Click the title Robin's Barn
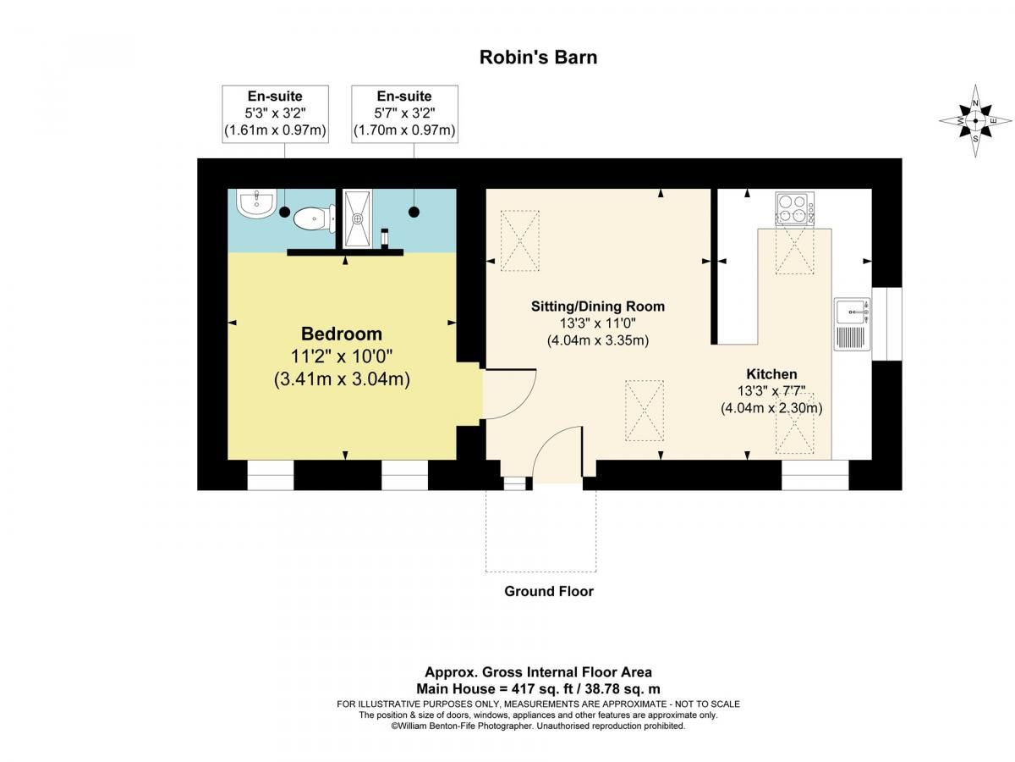(x=538, y=58)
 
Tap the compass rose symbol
(x=975, y=121)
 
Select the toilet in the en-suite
(x=315, y=218)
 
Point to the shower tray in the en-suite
(x=358, y=218)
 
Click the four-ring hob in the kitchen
(x=795, y=208)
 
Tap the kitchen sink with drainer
(x=853, y=324)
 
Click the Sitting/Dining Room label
(x=597, y=306)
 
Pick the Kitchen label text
(x=771, y=374)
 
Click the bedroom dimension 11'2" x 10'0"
(x=341, y=356)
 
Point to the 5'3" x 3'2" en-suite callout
(x=275, y=113)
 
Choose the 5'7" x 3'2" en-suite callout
(x=404, y=113)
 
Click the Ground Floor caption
(x=548, y=591)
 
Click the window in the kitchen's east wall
(x=886, y=324)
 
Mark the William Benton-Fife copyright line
(x=538, y=726)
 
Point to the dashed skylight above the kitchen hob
(x=794, y=251)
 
